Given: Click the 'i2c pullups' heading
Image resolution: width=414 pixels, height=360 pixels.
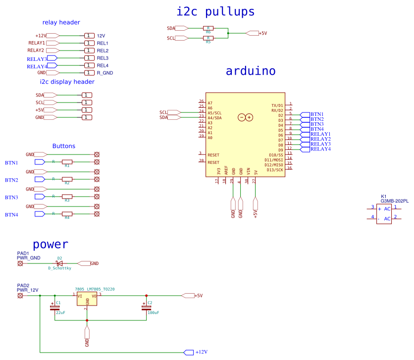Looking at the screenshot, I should (215, 11).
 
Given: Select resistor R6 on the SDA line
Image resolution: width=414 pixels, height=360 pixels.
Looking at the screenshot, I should (208, 28).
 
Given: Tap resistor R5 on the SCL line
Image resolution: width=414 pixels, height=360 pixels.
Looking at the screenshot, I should (208, 38).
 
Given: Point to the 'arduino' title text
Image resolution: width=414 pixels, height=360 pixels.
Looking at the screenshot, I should (251, 71).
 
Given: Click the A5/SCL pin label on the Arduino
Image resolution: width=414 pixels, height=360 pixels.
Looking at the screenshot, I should (215, 113).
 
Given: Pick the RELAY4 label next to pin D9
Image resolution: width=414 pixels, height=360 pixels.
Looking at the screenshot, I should (320, 149).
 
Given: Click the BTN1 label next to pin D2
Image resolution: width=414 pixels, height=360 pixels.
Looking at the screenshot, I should (316, 114).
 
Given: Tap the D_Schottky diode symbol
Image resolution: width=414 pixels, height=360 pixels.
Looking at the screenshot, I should (59, 263).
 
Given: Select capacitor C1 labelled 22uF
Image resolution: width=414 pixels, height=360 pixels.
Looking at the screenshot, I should (54, 308).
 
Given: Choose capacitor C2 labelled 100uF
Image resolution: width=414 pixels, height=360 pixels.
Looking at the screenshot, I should (146, 308).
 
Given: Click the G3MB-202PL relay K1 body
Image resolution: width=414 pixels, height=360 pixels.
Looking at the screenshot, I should (384, 213).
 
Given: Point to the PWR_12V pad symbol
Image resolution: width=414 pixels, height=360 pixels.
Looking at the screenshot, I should (20, 296).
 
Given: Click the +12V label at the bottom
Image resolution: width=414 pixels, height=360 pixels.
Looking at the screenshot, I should (201, 352).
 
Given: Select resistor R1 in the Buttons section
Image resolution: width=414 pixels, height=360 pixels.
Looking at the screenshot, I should (67, 162).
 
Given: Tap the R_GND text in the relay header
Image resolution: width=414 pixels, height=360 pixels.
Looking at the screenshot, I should (104, 73).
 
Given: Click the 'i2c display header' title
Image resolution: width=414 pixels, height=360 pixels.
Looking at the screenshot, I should (67, 82).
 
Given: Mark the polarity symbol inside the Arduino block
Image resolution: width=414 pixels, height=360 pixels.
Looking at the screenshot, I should (246, 117).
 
